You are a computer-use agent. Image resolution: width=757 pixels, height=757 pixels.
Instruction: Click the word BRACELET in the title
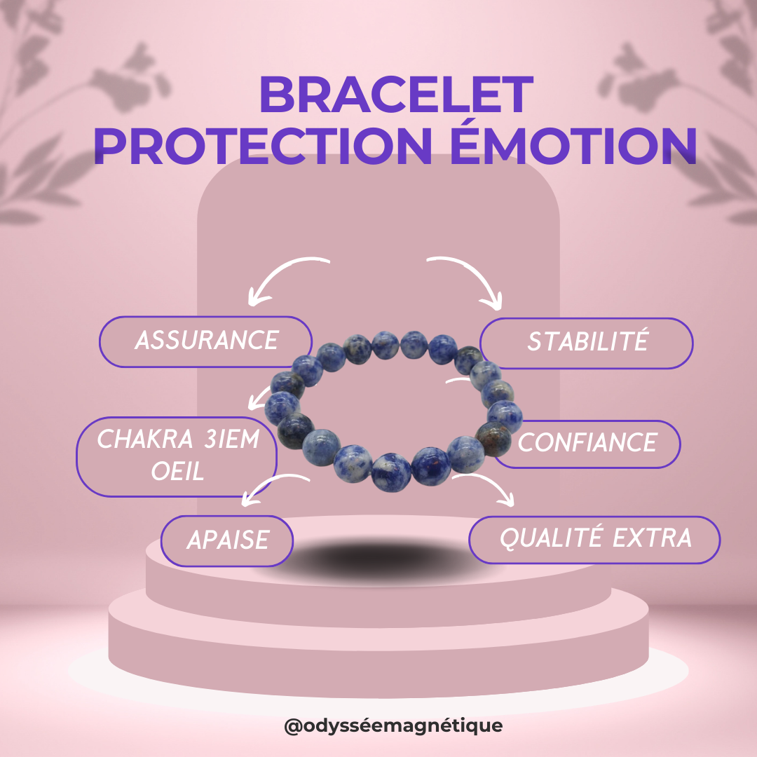tap(396, 95)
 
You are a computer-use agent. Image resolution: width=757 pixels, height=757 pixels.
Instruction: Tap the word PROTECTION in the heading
tap(263, 146)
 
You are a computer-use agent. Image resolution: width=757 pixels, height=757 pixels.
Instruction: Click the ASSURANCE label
tap(205, 341)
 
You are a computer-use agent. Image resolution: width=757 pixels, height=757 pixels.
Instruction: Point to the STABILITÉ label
tap(587, 343)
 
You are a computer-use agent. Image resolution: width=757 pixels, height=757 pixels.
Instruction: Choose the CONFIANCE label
tap(587, 443)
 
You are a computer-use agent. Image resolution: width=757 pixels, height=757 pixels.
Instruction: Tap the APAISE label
tap(227, 540)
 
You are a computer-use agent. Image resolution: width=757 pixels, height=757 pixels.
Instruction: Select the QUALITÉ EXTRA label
tap(594, 539)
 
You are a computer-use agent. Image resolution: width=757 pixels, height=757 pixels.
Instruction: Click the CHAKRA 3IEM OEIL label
tap(177, 456)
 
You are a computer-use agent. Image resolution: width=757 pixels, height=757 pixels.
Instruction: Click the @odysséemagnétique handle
tap(393, 725)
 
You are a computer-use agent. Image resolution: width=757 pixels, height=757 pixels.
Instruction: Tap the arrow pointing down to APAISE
tap(271, 483)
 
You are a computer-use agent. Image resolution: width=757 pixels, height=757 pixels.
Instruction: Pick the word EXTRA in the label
tap(653, 539)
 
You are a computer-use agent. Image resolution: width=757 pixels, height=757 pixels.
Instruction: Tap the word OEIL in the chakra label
tap(177, 472)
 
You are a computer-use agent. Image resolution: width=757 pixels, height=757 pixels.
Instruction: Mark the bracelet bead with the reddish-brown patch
tap(493, 438)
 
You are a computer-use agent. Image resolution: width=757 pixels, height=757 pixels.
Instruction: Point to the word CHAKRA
tap(145, 439)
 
